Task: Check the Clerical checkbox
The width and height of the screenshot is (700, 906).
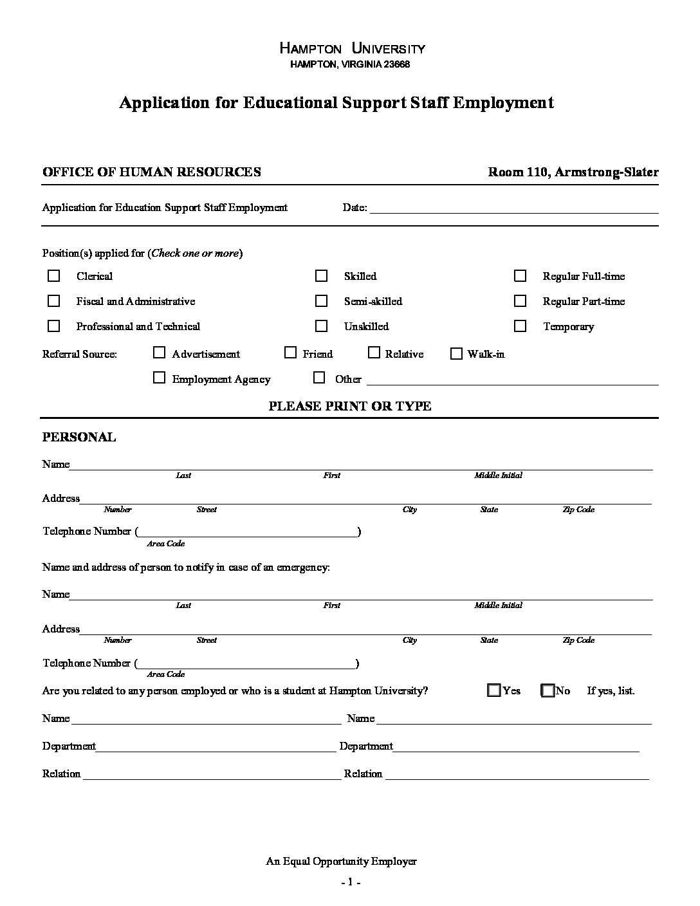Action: click(x=54, y=276)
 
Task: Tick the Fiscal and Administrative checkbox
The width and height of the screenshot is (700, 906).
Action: click(x=54, y=301)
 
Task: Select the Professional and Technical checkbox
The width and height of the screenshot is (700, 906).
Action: click(x=54, y=326)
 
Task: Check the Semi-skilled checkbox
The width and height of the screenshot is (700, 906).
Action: click(x=321, y=301)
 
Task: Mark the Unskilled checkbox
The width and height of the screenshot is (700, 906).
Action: click(x=321, y=326)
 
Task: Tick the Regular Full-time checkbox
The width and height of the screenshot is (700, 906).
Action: click(x=520, y=276)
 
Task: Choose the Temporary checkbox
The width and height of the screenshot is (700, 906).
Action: click(x=520, y=326)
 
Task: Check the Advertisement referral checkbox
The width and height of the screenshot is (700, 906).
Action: click(x=159, y=353)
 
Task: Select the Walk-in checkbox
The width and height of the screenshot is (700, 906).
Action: click(x=456, y=353)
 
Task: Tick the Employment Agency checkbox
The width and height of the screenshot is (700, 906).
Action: click(x=159, y=378)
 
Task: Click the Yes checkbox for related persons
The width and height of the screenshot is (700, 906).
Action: click(x=494, y=690)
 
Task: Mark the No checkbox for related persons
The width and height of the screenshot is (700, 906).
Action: click(x=548, y=690)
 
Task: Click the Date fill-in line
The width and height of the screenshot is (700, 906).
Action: click(x=513, y=208)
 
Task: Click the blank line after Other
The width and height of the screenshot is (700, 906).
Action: click(x=512, y=380)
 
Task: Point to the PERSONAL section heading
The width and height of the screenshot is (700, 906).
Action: click(x=79, y=438)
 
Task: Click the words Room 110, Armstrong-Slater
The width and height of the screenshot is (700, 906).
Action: click(x=573, y=172)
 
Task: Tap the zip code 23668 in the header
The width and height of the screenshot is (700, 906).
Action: click(x=396, y=64)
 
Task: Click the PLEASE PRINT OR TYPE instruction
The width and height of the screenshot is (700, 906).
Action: click(x=349, y=406)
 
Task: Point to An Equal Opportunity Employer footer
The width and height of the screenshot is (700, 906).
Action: click(x=341, y=861)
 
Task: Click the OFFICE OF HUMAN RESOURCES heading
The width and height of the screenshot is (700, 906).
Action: click(x=151, y=172)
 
